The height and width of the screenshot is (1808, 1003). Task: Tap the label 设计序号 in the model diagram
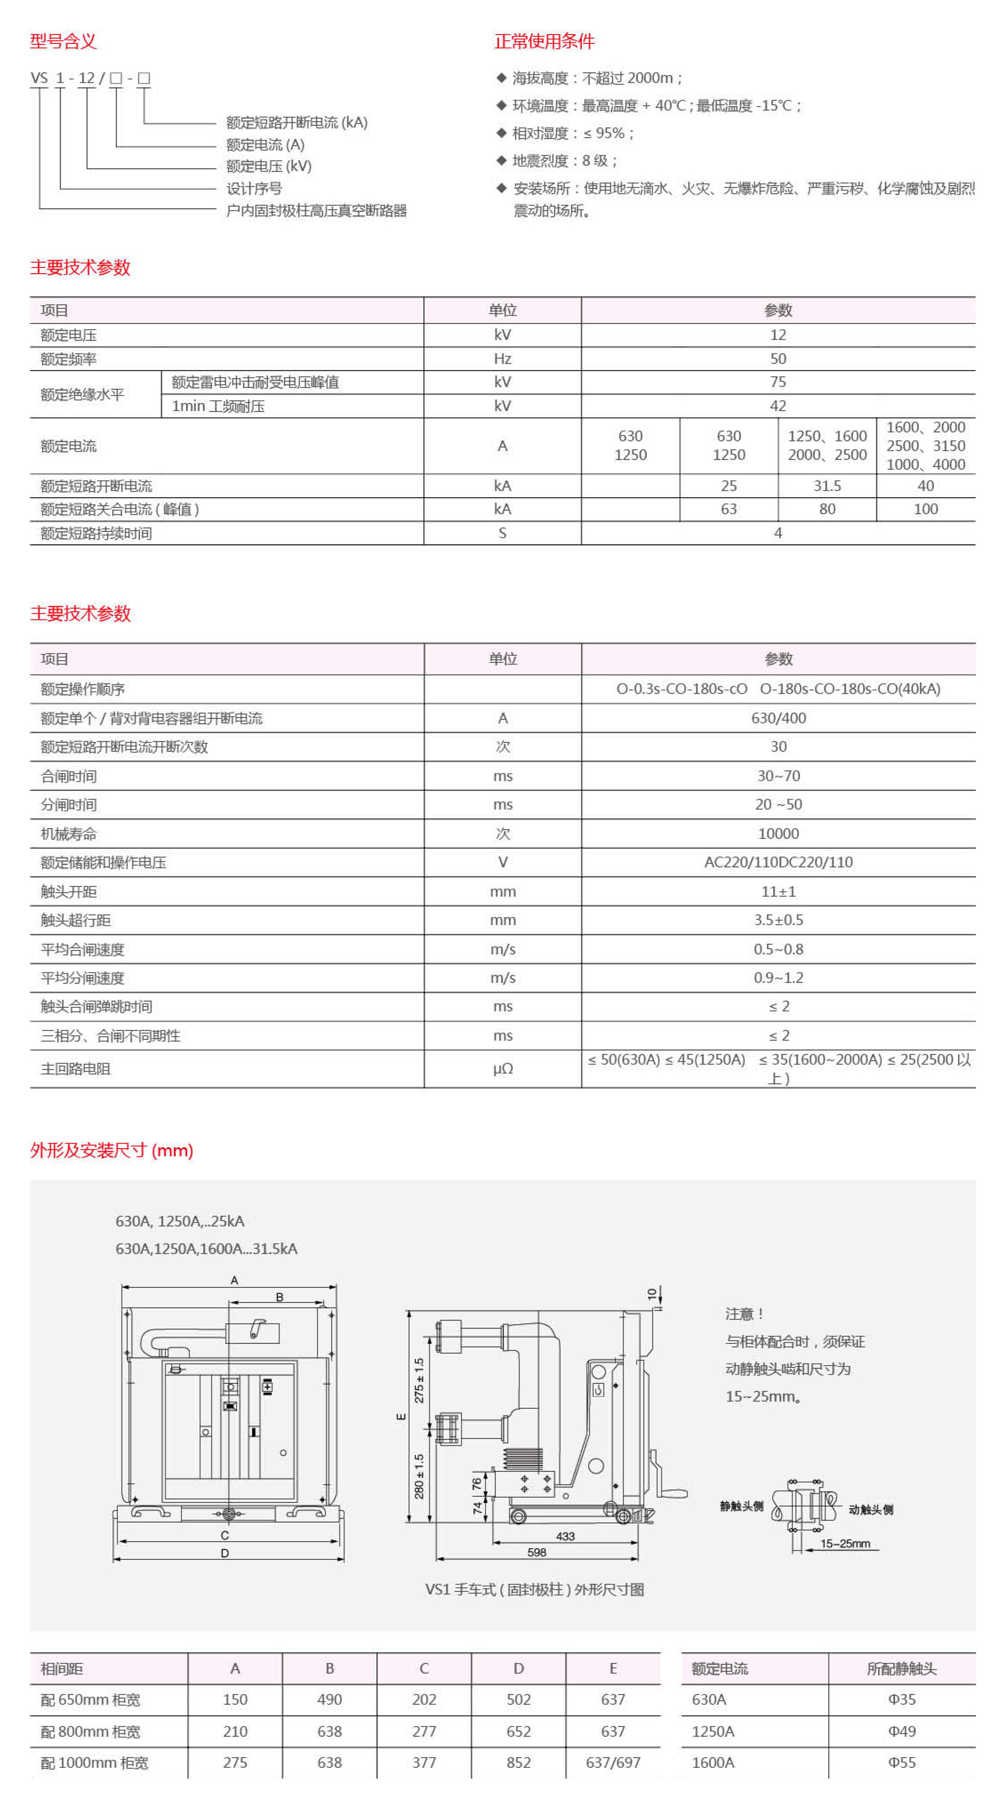(254, 188)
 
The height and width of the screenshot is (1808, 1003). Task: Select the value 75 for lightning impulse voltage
(778, 382)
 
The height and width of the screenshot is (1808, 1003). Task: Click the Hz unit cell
(503, 359)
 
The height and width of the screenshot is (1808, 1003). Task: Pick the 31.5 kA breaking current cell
(827, 486)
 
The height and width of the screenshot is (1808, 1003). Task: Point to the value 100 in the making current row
(925, 509)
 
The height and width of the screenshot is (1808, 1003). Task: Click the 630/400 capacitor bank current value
(778, 718)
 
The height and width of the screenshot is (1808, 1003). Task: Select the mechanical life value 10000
(778, 833)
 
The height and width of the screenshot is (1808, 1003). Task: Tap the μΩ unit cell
(503, 1068)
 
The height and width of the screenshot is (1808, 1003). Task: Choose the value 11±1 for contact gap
(778, 891)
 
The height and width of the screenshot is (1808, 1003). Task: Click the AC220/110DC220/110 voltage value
(778, 862)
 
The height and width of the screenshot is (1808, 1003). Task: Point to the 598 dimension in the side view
(537, 1552)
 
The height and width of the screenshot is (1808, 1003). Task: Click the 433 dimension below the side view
(565, 1536)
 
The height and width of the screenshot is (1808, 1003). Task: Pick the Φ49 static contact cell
(901, 1731)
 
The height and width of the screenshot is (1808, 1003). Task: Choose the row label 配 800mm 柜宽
(90, 1732)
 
